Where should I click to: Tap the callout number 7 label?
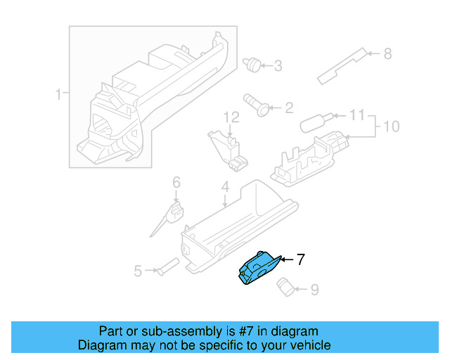[x=300, y=260]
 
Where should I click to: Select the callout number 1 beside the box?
[x=59, y=94]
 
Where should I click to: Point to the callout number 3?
[x=278, y=66]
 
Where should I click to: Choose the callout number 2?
[x=288, y=108]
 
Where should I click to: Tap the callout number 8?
[x=387, y=53]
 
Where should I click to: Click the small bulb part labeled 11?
[x=312, y=124]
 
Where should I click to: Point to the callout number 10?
[x=390, y=127]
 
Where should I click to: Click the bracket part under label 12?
[x=228, y=150]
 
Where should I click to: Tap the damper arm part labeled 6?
[x=169, y=218]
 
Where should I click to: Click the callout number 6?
[x=176, y=183]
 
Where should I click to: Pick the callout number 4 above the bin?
[x=225, y=187]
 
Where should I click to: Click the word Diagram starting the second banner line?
[x=99, y=345]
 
